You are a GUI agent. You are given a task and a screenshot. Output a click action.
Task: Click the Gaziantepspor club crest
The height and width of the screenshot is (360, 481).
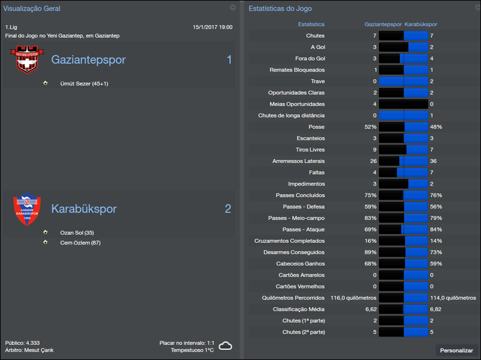coord(27,60)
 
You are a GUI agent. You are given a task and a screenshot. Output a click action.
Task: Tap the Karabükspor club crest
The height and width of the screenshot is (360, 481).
coord(27,209)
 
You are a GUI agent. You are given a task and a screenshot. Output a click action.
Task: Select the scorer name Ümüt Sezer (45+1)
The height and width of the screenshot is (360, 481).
coord(84,84)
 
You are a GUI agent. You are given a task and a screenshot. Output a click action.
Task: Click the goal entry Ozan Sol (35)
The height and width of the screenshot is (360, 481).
coord(77,233)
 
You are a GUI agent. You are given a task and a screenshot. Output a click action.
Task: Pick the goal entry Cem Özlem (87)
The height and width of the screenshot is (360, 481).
coord(80,242)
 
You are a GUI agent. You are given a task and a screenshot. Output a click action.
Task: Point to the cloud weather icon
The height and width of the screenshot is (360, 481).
coord(225,346)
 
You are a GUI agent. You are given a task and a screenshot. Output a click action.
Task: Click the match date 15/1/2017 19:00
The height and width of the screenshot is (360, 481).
coord(212,27)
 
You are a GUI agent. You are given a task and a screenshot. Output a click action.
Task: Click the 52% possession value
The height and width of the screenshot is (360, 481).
coord(370,127)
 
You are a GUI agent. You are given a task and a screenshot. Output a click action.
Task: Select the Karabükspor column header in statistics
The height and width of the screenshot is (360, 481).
coord(421,25)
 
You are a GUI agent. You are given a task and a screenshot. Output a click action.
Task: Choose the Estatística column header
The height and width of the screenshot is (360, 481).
coord(311,25)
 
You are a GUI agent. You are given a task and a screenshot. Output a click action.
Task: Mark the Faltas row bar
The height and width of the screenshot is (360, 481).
coord(403,172)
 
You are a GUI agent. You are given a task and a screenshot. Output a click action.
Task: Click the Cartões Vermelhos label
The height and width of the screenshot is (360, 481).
coord(300,286)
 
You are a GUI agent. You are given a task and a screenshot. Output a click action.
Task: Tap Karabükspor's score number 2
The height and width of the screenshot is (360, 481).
coord(228,209)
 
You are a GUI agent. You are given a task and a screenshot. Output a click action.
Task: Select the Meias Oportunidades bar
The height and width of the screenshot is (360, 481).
coord(403,104)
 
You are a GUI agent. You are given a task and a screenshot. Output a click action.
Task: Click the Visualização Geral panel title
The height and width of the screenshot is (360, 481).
coord(32,9)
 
